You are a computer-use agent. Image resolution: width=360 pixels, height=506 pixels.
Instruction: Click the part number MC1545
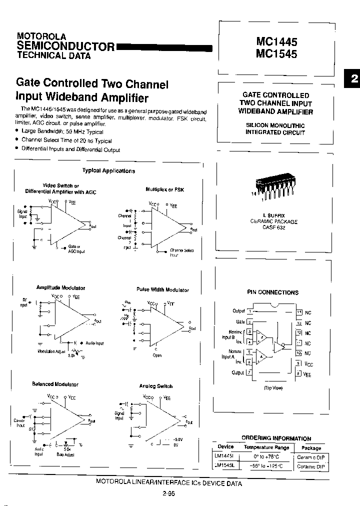[276, 53]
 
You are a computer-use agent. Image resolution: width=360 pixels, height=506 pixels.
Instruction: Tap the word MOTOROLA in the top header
[41, 36]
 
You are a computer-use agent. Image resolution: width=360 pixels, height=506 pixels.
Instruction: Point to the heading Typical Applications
[108, 170]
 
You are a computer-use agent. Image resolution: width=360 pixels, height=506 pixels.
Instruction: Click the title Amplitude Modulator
[60, 288]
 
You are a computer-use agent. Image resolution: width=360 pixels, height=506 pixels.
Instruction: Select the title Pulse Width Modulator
[162, 290]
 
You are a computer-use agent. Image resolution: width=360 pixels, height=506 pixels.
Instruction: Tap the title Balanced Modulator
[55, 384]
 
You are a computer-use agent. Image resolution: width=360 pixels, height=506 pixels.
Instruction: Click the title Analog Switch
[156, 386]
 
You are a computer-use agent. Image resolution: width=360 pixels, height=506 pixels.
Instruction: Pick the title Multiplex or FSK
[164, 189]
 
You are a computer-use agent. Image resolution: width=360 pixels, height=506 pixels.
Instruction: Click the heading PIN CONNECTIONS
[272, 292]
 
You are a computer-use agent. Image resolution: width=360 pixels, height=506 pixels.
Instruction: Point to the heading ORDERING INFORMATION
[276, 438]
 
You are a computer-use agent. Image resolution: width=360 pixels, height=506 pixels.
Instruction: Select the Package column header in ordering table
[311, 448]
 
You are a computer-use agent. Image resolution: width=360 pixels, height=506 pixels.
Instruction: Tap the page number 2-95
[168, 493]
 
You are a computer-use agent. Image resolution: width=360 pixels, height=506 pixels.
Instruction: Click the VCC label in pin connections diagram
[308, 364]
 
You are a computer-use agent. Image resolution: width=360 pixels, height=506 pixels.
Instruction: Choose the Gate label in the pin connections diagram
[240, 322]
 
